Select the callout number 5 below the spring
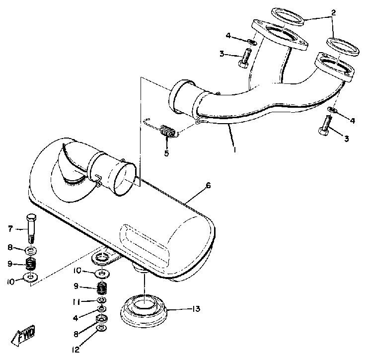coord(166,153)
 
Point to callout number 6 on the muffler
coord(208,186)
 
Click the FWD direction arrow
coord(25,338)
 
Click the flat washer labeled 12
coord(101,328)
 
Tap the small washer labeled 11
coord(101,301)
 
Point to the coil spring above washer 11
coord(102,288)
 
